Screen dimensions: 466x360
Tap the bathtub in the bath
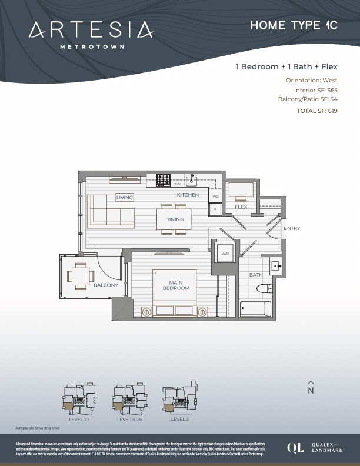pyautogui.click(x=256, y=309)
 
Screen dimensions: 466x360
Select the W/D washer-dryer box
pyautogui.click(x=225, y=254)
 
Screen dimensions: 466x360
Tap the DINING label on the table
pyautogui.click(x=174, y=219)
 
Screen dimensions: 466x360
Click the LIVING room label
pyautogui.click(x=125, y=198)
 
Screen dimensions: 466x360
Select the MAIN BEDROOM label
pyautogui.click(x=176, y=285)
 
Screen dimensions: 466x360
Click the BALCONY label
pyautogui.click(x=106, y=285)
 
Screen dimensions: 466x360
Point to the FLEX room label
pyautogui.click(x=241, y=207)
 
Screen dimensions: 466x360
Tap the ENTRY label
pyautogui.click(x=292, y=228)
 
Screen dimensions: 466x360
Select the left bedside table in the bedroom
pyautogui.click(x=146, y=312)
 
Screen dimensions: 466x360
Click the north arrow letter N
pyautogui.click(x=311, y=390)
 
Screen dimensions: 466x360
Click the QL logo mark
pyautogui.click(x=295, y=447)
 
